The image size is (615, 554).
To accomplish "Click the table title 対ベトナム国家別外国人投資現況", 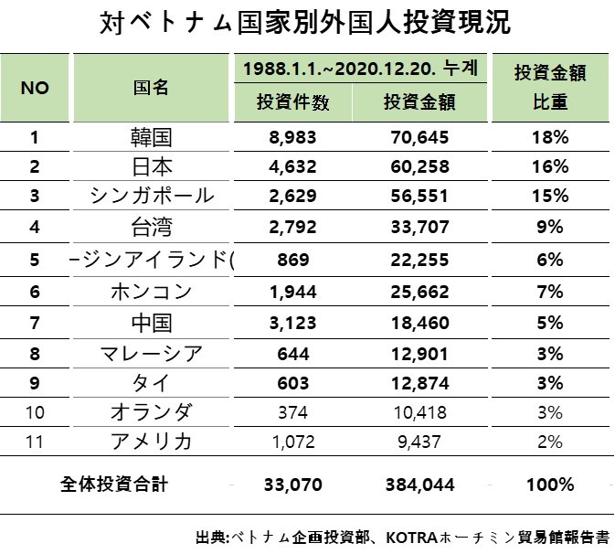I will (307, 22).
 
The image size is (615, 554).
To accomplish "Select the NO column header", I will (34, 88).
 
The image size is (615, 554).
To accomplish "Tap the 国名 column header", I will (151, 88).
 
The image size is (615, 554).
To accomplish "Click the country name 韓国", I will (151, 138).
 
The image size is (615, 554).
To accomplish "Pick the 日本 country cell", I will (151, 167).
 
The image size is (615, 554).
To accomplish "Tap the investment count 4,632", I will (294, 167).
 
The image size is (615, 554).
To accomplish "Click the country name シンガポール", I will (152, 197).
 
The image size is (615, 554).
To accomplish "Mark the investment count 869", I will (294, 260).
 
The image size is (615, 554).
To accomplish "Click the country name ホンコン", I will (151, 293).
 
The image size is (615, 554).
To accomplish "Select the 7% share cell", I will (552, 293).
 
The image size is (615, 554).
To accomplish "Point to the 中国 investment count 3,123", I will (294, 323).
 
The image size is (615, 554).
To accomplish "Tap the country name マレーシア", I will (151, 353).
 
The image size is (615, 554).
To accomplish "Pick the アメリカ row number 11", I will (35, 442).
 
